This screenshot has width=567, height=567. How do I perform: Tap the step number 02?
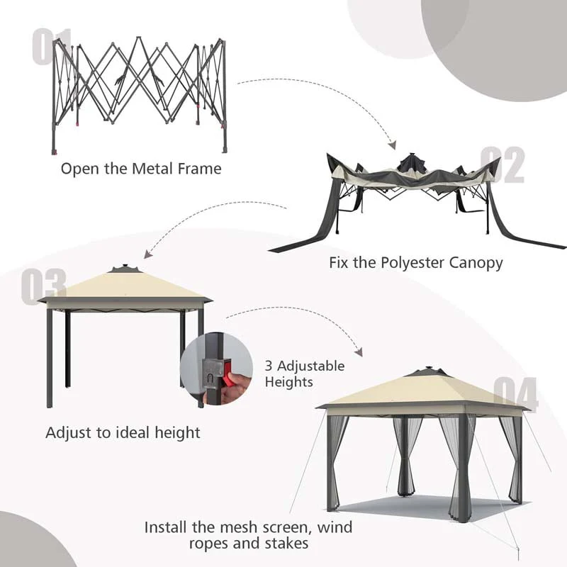503,165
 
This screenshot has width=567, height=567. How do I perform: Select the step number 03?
43,286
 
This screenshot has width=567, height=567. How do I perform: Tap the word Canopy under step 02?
477,263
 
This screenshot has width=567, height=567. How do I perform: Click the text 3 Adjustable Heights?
305,374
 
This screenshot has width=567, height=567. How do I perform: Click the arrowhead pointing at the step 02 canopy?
392,145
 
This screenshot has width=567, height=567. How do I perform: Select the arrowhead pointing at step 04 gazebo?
359,352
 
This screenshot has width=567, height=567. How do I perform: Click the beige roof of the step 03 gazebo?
124,286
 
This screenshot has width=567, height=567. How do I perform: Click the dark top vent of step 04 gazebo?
423,371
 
